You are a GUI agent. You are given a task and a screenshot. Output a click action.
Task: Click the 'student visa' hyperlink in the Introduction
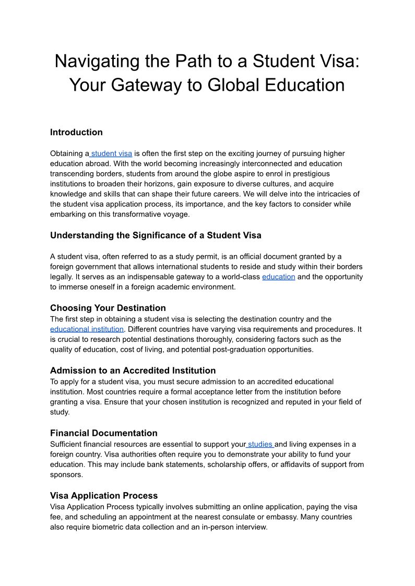coord(111,153)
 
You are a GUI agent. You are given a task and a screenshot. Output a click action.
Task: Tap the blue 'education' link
coord(278,277)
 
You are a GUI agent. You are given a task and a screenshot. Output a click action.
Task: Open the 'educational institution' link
coord(87,329)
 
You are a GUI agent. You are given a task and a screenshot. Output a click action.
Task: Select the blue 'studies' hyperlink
coord(260,444)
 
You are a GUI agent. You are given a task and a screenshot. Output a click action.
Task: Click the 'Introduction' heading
coord(76,132)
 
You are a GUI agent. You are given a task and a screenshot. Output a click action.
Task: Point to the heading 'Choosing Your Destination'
coord(108,308)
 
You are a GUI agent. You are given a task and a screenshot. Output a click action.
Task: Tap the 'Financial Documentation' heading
coord(103,433)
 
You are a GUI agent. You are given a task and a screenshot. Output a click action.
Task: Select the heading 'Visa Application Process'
coord(103,496)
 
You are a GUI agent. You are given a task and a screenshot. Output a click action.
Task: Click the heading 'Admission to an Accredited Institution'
coord(133,370)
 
